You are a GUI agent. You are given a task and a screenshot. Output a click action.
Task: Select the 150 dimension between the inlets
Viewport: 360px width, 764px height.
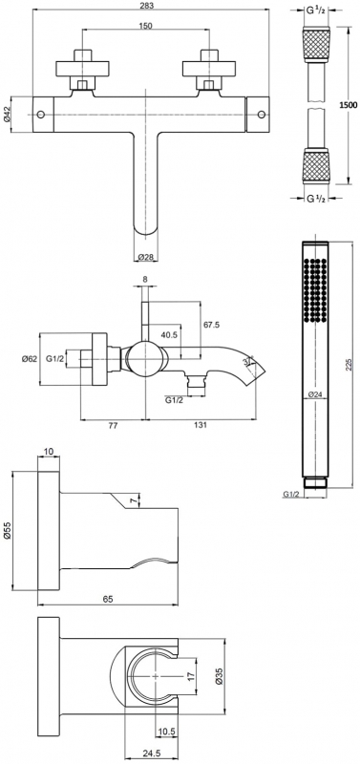coord(146,26)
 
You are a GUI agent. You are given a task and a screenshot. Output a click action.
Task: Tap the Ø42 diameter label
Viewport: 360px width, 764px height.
coord(7,114)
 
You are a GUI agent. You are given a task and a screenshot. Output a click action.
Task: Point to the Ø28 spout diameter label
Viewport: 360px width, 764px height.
coord(146,257)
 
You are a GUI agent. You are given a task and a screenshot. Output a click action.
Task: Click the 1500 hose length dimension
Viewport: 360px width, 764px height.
coord(349,105)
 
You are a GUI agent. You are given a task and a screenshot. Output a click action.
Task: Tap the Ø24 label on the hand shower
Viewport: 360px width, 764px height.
coord(316,394)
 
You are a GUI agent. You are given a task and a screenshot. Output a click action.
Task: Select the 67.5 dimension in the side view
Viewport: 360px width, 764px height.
coord(210,325)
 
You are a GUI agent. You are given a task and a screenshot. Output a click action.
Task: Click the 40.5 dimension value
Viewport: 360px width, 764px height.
coord(170,335)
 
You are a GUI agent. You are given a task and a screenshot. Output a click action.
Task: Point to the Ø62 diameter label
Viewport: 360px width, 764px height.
coord(30,359)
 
